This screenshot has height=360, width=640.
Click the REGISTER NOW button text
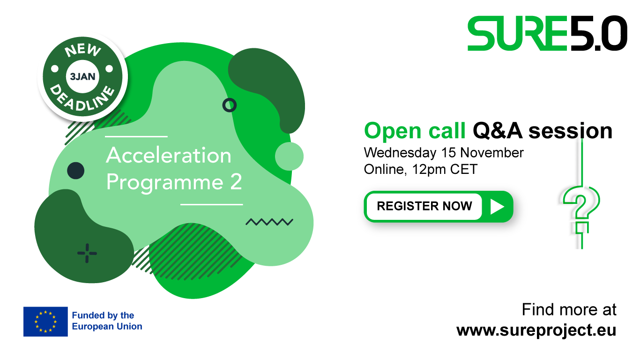click(x=424, y=206)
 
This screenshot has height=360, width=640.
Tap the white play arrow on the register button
click(x=497, y=206)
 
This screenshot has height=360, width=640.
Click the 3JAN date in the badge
click(x=82, y=76)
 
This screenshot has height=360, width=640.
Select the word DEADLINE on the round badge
click(x=82, y=98)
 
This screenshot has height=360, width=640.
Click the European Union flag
click(x=45, y=322)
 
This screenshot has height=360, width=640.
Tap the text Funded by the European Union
click(x=107, y=321)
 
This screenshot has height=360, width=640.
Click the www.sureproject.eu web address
click(x=536, y=330)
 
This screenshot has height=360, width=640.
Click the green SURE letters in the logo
click(x=517, y=33)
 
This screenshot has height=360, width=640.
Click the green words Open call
click(x=415, y=131)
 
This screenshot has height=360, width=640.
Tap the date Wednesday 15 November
click(x=444, y=153)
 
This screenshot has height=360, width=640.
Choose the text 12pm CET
click(x=445, y=169)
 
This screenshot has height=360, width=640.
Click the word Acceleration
click(x=169, y=155)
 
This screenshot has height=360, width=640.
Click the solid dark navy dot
click(x=76, y=171)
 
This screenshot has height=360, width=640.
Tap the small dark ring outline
click(x=230, y=105)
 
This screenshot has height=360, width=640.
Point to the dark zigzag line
click(x=269, y=222)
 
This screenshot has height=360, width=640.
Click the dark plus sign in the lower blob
click(x=87, y=253)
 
